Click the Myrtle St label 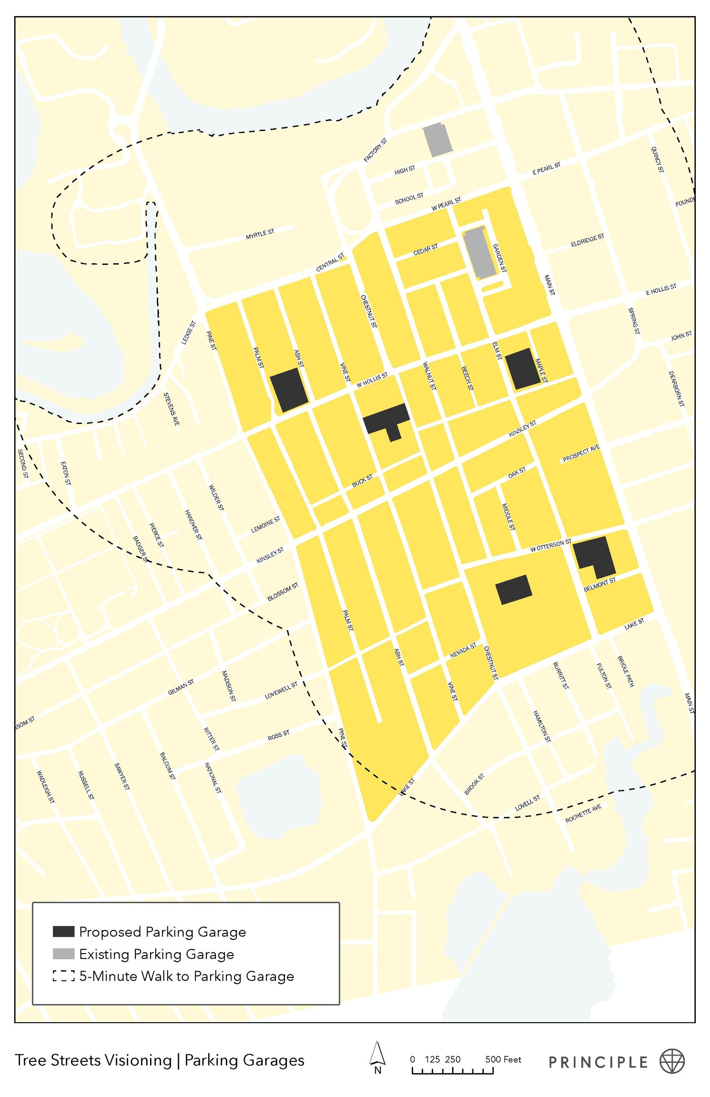(260, 234)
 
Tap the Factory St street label (375, 150)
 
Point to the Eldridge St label (587, 240)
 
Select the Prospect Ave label (581, 453)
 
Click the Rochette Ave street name (583, 813)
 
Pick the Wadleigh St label (45, 787)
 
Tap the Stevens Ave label (171, 409)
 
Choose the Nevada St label (463, 650)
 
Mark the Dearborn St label (676, 389)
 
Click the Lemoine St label (266, 524)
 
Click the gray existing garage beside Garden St (479, 253)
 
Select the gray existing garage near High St (437, 140)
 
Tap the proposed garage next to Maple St (522, 369)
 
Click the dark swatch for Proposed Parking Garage (63, 931)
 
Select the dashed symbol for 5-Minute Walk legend (63, 975)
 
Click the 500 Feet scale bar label (503, 1059)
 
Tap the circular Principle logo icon (672, 1061)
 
